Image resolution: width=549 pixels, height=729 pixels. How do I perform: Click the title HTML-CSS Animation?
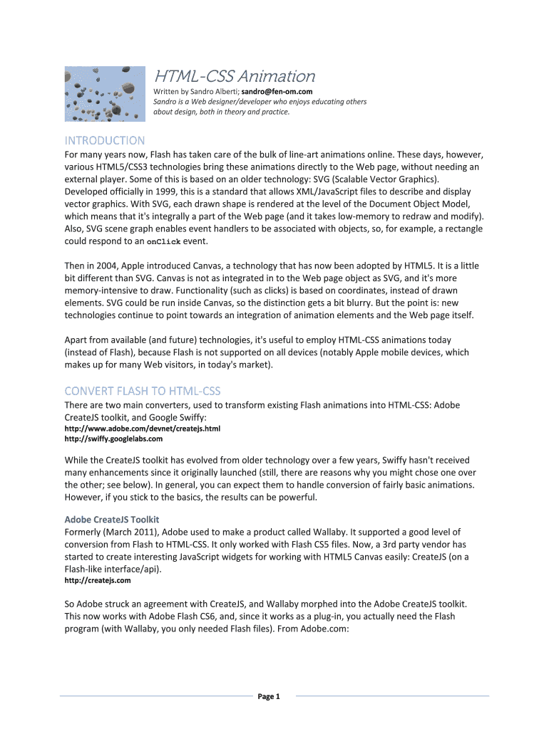(235, 76)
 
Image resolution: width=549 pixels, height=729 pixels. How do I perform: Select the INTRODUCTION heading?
(104, 141)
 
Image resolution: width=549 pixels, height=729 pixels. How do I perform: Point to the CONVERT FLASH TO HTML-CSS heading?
(143, 391)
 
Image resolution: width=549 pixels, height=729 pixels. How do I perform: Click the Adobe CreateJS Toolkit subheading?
(112, 519)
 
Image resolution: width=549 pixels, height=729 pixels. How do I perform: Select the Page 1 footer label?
(269, 696)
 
